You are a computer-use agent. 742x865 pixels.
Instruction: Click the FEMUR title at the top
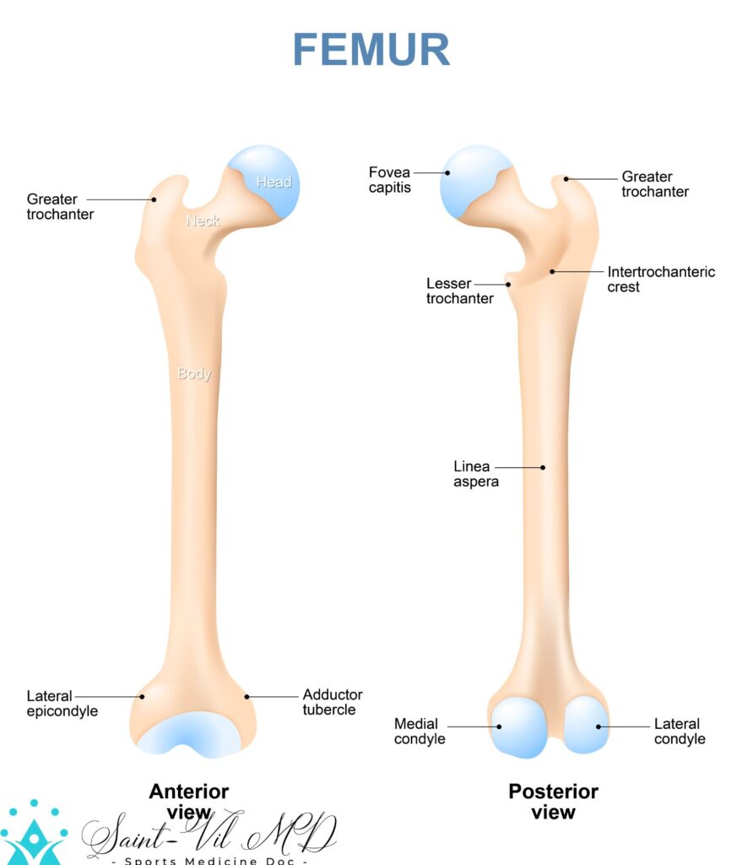tap(371, 50)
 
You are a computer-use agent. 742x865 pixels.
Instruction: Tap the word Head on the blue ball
tap(274, 182)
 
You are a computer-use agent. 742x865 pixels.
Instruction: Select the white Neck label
tap(203, 220)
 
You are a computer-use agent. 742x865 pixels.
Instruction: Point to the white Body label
tap(194, 373)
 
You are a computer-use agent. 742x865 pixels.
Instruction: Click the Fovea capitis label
tap(389, 180)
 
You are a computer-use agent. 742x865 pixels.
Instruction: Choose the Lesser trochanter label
tap(459, 291)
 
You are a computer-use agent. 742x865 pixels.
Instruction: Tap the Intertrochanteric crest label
tap(661, 280)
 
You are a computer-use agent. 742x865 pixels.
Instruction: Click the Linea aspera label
tap(476, 474)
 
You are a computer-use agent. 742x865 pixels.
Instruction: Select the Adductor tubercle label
tap(333, 702)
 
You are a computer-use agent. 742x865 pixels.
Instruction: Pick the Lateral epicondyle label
tap(62, 704)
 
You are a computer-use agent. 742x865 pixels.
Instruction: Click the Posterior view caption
tap(553, 802)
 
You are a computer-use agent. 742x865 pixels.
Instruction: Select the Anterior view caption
tap(189, 801)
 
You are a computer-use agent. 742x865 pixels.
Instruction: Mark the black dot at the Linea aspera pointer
tap(543, 467)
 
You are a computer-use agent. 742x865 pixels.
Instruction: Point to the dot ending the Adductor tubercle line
tap(247, 696)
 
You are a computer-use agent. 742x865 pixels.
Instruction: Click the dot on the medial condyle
tap(499, 726)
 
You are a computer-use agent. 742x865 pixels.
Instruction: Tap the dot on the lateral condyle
tap(598, 726)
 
